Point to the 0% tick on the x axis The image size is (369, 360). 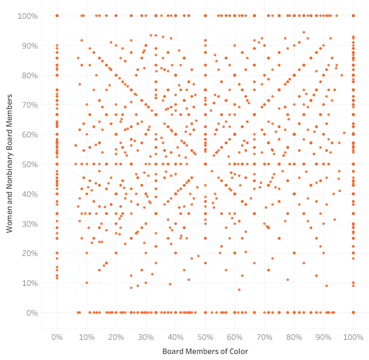[x=57, y=337]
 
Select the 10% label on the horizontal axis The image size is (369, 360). [x=87, y=337]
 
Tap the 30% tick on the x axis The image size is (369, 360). [x=146, y=337]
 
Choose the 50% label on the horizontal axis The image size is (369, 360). [x=205, y=337]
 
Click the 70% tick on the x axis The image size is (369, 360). [x=265, y=337]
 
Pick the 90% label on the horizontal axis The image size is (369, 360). [x=324, y=337]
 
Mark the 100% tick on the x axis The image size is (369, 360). [x=353, y=337]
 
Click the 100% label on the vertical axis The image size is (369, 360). [x=28, y=16]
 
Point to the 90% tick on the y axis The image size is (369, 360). [x=30, y=46]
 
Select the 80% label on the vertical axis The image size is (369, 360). [x=30, y=75]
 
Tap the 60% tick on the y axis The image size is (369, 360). [x=30, y=135]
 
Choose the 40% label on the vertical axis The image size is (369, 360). [x=30, y=194]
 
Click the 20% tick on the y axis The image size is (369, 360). [x=30, y=253]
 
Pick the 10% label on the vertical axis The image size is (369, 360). [x=30, y=283]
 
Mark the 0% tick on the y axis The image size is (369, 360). [x=32, y=313]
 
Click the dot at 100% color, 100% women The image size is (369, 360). [x=353, y=16]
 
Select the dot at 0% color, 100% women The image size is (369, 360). [x=57, y=16]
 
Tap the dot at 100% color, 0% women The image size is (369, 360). [x=353, y=313]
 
